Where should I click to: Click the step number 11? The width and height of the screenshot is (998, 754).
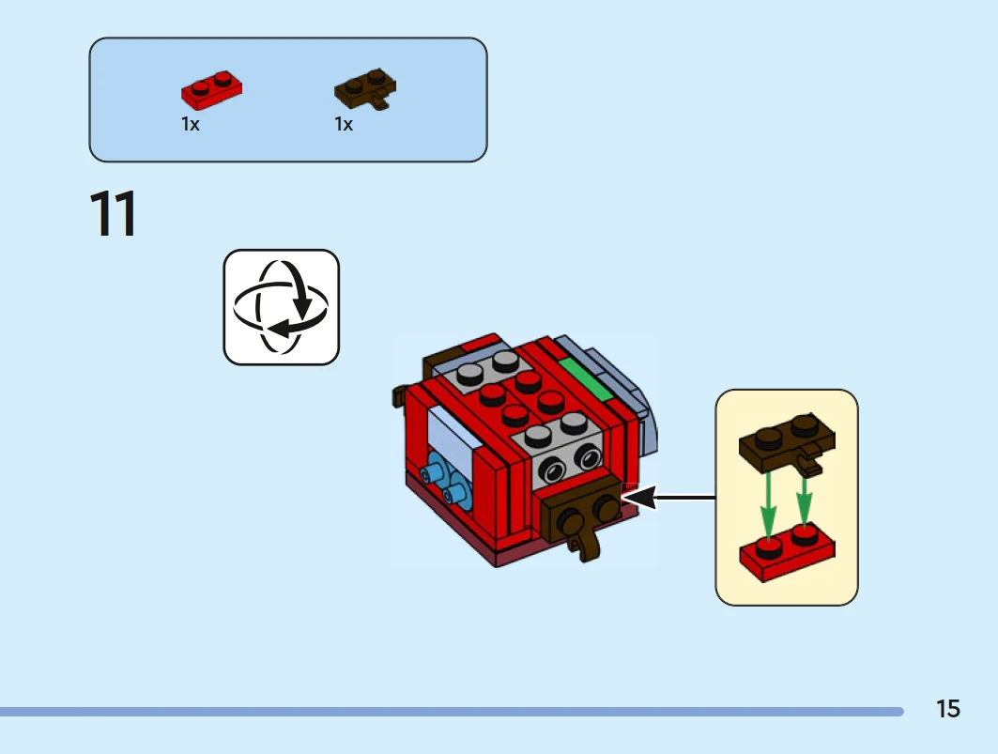[114, 214]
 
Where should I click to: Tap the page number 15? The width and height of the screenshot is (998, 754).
[947, 709]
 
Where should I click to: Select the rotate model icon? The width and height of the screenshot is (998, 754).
[281, 307]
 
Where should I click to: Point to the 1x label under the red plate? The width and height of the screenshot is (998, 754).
[191, 124]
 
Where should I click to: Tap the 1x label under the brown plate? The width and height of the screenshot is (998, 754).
[344, 124]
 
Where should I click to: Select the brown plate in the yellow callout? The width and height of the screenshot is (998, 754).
[787, 444]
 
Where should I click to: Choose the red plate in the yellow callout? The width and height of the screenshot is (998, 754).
[787, 551]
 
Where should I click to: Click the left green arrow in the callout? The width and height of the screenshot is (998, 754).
[769, 502]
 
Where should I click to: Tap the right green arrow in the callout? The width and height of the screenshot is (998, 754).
[805, 502]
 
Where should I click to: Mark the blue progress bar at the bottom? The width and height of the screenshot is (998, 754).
[451, 712]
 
